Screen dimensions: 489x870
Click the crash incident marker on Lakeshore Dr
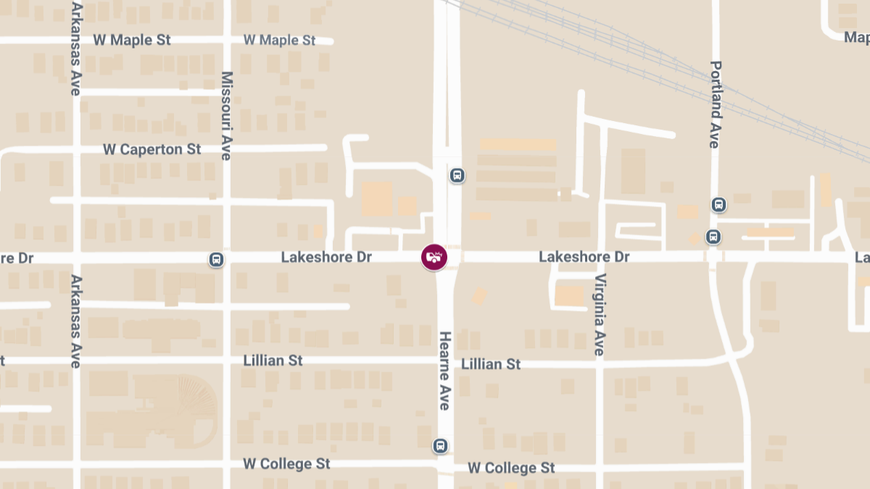tap(434, 256)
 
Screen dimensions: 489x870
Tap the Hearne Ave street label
tap(444, 371)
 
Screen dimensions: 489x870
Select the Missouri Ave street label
tap(226, 116)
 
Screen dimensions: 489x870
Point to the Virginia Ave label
tap(599, 314)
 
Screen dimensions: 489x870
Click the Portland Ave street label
tap(716, 104)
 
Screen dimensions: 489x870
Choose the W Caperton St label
tap(152, 149)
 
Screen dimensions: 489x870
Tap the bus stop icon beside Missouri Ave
tap(215, 259)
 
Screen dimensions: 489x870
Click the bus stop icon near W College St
tap(440, 446)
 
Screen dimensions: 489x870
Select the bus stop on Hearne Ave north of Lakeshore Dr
tap(457, 175)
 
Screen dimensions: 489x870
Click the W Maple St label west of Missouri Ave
tap(132, 40)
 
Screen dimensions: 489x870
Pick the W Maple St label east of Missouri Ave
tap(279, 40)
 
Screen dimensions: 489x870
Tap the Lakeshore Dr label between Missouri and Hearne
tap(326, 257)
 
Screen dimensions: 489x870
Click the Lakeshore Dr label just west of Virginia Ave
tap(584, 257)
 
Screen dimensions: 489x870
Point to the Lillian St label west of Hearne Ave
tap(273, 360)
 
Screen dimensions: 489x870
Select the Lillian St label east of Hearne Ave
tap(491, 364)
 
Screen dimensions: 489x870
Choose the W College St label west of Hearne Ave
tap(286, 463)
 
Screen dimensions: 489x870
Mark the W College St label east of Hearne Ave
tap(511, 468)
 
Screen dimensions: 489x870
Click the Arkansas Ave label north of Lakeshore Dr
tap(75, 48)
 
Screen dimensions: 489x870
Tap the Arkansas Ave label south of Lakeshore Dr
tap(75, 321)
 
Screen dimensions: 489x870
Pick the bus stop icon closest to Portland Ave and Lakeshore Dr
tap(713, 237)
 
